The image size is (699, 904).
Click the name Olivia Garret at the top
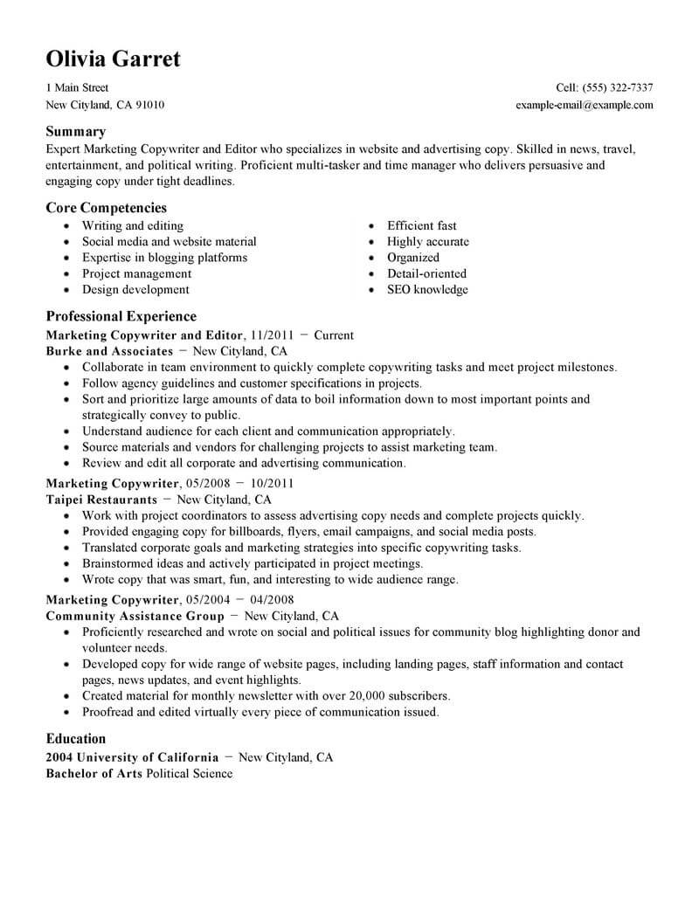pyautogui.click(x=113, y=59)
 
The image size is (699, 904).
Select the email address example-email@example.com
pyautogui.click(x=585, y=105)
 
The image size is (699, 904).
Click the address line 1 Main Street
pyautogui.click(x=77, y=88)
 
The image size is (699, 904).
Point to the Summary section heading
pyautogui.click(x=75, y=131)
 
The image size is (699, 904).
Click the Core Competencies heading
pyautogui.click(x=106, y=208)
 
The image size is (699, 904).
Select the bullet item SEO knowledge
pyautogui.click(x=427, y=290)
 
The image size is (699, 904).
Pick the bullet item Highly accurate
pyautogui.click(x=427, y=242)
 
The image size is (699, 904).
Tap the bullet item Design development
pyautogui.click(x=135, y=290)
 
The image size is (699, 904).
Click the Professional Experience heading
pyautogui.click(x=121, y=316)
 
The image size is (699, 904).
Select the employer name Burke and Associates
pyautogui.click(x=109, y=351)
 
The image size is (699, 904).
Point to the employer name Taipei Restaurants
pyautogui.click(x=101, y=500)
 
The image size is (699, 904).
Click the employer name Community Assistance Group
pyautogui.click(x=135, y=616)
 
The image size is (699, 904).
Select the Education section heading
pyautogui.click(x=76, y=738)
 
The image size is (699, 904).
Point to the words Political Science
pyautogui.click(x=190, y=774)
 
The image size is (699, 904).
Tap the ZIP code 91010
pyautogui.click(x=149, y=105)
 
